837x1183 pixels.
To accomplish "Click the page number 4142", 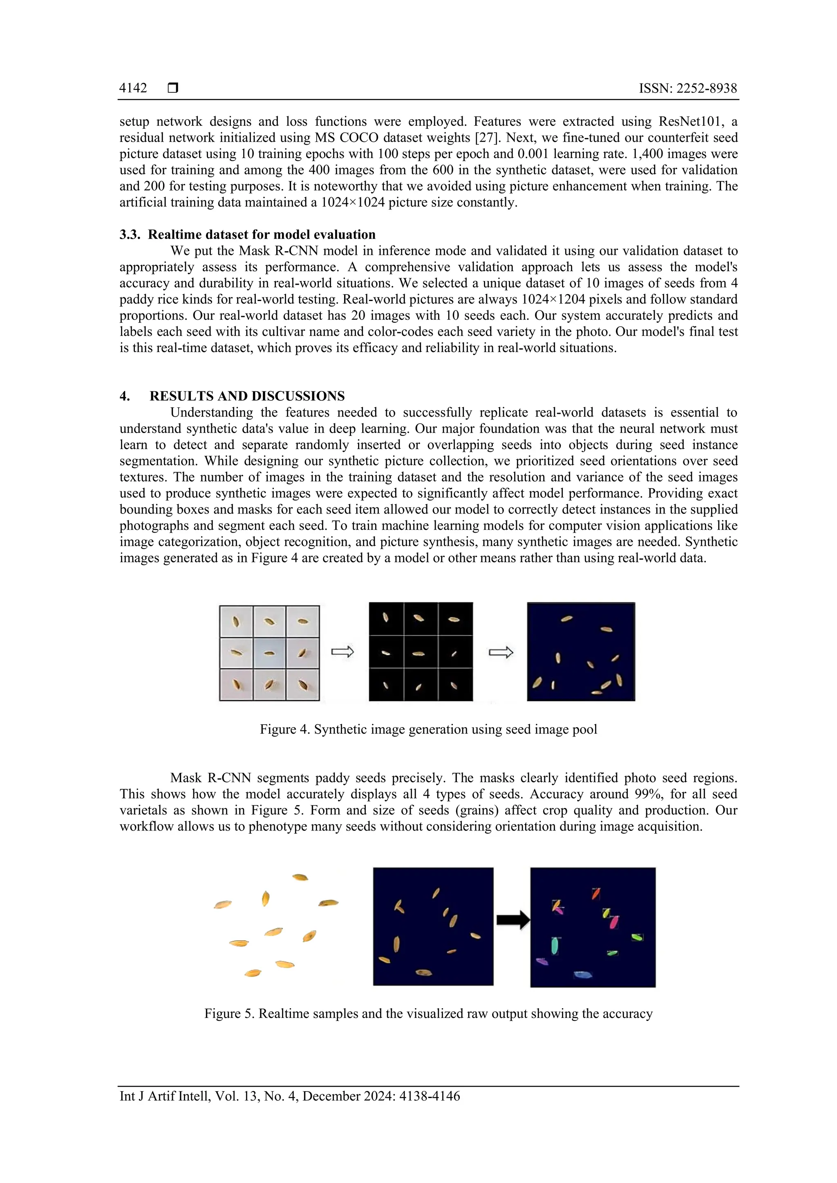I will click(x=133, y=89).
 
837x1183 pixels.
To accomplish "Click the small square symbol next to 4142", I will click(x=173, y=88).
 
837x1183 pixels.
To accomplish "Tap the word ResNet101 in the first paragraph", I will click(x=691, y=122).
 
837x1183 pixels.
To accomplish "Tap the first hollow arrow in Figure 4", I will click(x=342, y=652).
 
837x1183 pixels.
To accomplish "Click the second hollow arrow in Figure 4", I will click(x=501, y=652).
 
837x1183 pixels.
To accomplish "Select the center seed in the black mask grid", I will click(x=420, y=653).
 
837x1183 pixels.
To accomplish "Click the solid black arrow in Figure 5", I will click(x=512, y=920).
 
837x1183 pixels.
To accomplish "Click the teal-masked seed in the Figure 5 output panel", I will click(x=555, y=945).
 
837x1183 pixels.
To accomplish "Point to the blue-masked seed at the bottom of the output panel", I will click(x=582, y=974).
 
